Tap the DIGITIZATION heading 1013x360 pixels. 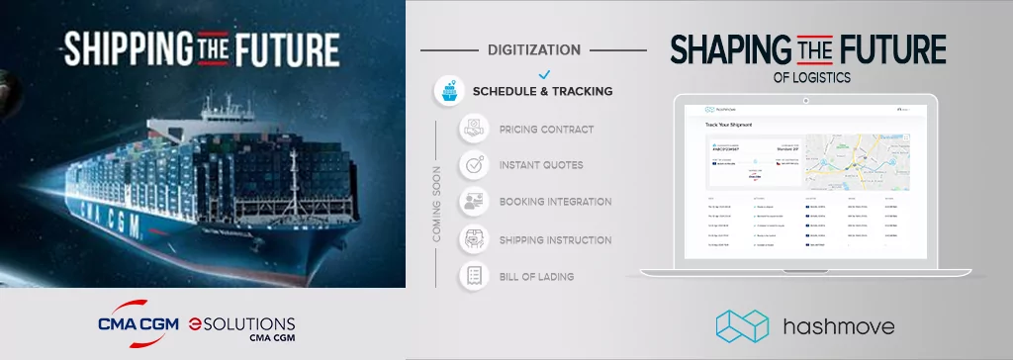click(x=534, y=48)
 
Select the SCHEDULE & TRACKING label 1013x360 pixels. click(x=542, y=91)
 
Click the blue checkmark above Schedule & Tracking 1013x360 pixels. click(x=542, y=73)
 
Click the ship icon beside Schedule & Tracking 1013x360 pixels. click(x=450, y=91)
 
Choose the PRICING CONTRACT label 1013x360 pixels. click(x=547, y=129)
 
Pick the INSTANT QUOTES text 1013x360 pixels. click(x=541, y=165)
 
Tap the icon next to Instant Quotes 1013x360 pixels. click(x=475, y=165)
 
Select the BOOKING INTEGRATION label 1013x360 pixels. click(x=555, y=202)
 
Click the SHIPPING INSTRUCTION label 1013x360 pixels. click(x=555, y=239)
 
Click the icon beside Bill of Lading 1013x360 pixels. click(x=475, y=276)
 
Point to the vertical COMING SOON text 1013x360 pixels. click(x=437, y=204)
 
